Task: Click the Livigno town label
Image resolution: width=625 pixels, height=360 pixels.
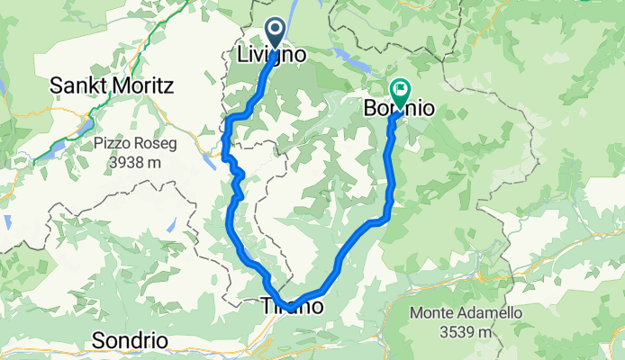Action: click(270, 55)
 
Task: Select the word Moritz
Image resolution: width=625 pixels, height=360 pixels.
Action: click(143, 85)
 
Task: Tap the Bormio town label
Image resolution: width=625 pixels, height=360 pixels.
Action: click(399, 109)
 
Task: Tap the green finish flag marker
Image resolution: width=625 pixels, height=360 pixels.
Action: click(399, 89)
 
